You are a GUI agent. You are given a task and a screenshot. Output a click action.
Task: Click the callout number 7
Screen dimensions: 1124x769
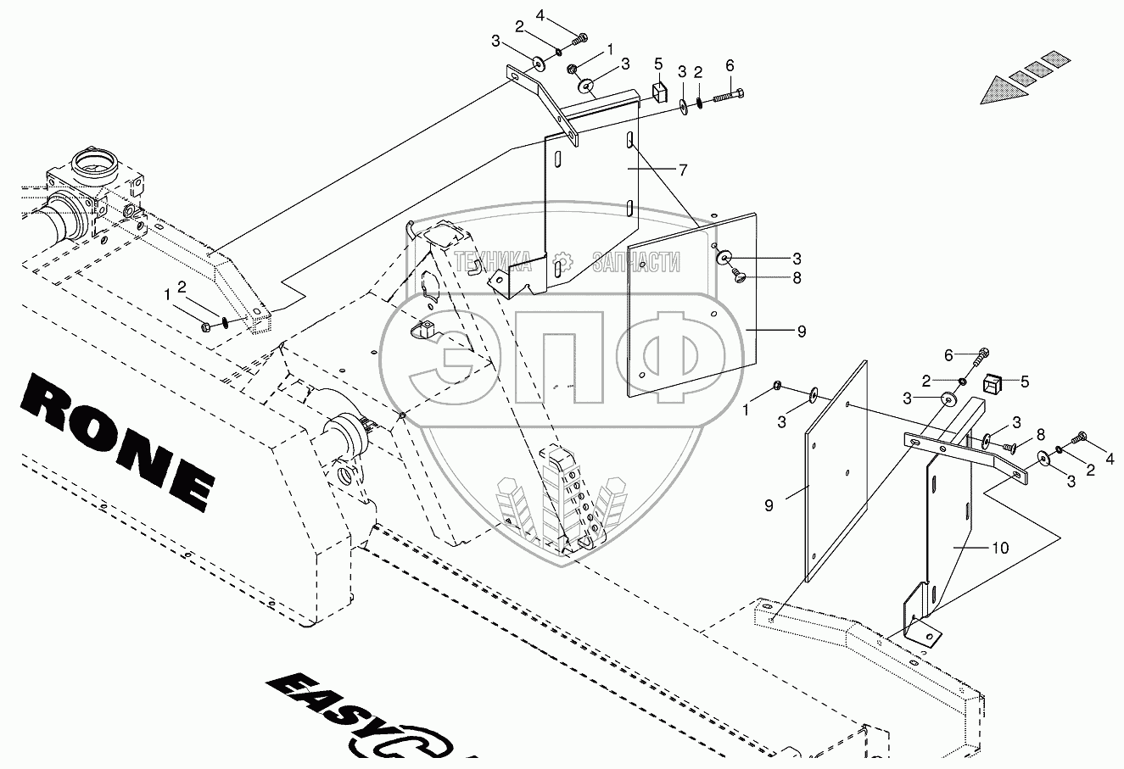click(682, 170)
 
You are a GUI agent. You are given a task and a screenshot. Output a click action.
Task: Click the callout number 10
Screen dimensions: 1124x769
click(1000, 548)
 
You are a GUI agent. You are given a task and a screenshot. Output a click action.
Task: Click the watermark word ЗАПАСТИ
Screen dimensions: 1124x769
click(636, 262)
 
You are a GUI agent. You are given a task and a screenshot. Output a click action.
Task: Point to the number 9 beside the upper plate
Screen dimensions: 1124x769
click(801, 332)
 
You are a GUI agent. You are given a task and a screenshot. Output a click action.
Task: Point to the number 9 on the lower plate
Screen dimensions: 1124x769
click(769, 505)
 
